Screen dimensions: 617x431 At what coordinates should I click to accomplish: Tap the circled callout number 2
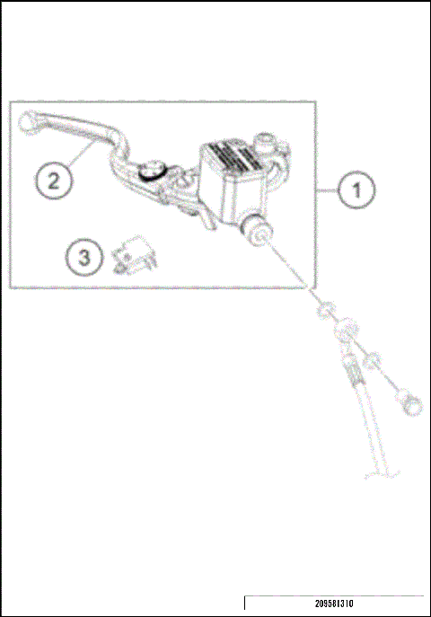click(x=55, y=179)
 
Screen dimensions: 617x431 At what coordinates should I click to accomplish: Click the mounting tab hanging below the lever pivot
click(x=189, y=212)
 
